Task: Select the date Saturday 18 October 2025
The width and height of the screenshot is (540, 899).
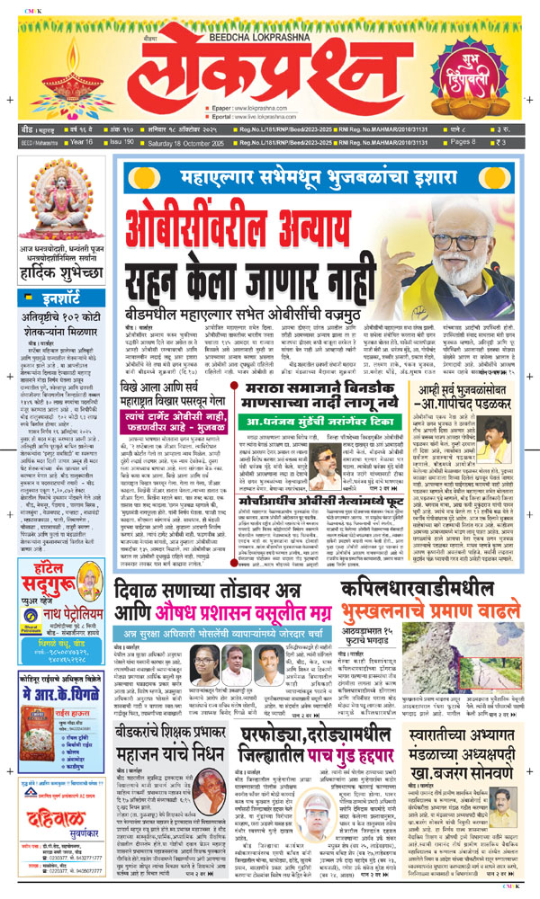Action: coord(186,142)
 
